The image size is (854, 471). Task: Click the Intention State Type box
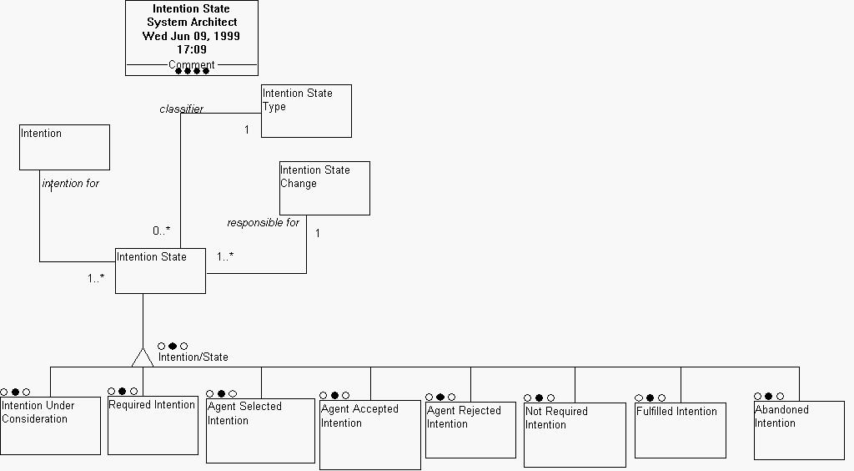click(306, 111)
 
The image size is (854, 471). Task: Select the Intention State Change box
click(324, 188)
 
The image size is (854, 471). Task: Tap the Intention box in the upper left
click(64, 147)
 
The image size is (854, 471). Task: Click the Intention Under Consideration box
click(50, 426)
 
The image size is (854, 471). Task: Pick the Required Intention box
click(153, 425)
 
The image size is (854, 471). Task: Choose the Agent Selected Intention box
click(260, 430)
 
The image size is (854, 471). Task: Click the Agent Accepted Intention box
click(370, 434)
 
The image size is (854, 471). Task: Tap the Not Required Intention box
click(575, 435)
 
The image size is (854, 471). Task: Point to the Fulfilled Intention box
click(680, 430)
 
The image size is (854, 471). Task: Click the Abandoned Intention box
click(799, 430)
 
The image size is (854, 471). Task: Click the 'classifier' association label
click(181, 109)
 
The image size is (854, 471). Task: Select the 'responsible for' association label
click(263, 223)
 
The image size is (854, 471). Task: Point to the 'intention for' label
click(71, 183)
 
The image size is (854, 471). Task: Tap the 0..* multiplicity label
click(161, 230)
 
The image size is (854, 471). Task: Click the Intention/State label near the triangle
click(193, 357)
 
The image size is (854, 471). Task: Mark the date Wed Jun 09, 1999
click(191, 36)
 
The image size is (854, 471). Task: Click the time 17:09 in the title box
click(191, 50)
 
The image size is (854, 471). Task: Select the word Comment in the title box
click(191, 64)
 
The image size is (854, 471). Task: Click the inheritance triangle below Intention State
click(143, 357)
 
